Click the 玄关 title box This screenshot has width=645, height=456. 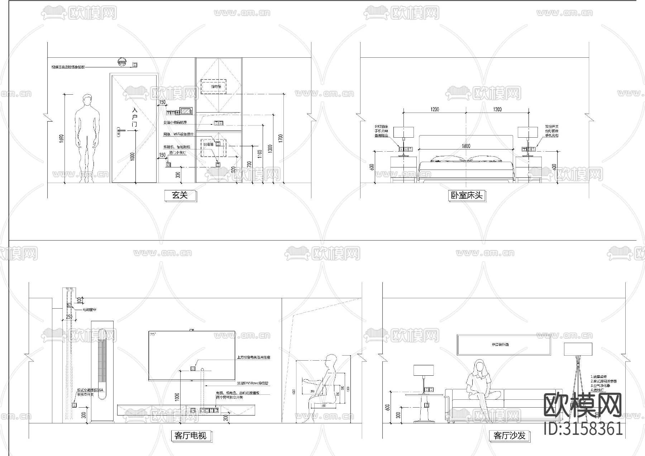coord(180,195)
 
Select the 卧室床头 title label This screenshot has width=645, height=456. coord(467,195)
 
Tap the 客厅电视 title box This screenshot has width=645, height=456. coord(190,436)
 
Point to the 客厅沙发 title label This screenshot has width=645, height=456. coord(509,436)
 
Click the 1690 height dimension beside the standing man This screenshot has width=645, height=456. coord(61,139)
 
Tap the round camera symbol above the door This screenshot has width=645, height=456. coord(122,62)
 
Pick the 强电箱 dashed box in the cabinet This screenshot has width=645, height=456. coord(214,86)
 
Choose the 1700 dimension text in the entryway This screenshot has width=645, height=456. coord(281,138)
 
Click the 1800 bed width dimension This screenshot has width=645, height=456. coord(466,146)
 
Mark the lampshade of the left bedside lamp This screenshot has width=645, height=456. coord(403,132)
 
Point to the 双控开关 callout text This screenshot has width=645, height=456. coord(552,127)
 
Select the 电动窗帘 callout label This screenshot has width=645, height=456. coord(89,309)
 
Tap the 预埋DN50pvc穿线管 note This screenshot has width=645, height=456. coord(253,383)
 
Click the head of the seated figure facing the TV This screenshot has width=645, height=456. coord(332,360)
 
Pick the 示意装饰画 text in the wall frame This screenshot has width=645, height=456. coord(500,345)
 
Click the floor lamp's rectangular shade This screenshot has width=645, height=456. coord(578,349)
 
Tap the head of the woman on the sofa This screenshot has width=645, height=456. coord(479,366)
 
